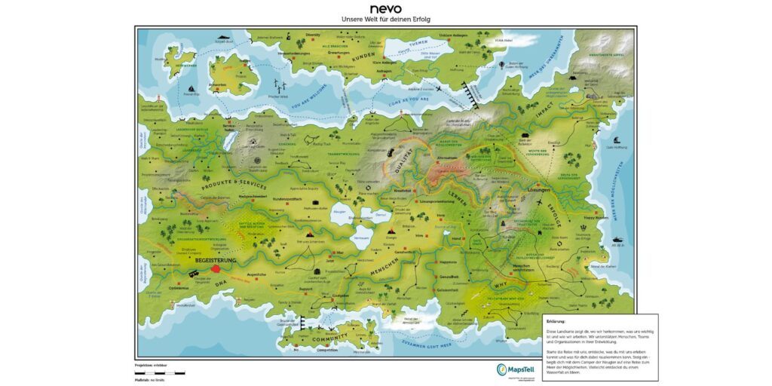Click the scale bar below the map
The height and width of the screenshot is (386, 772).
tap(160, 372)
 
